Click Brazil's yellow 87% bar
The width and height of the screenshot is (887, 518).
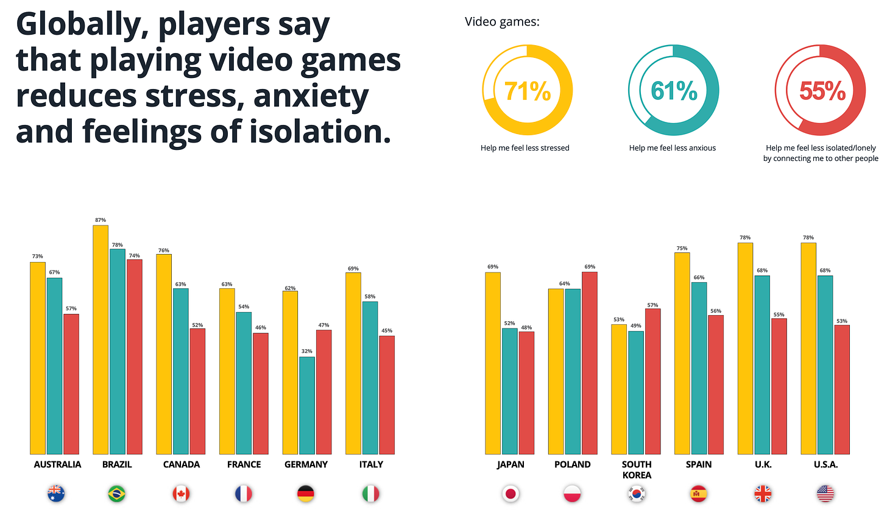point(101,339)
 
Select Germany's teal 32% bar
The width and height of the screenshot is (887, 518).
point(307,405)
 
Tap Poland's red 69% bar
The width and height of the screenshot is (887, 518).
point(590,363)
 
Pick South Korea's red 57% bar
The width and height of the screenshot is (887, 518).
point(652,381)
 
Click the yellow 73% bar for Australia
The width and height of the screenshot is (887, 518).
point(38,358)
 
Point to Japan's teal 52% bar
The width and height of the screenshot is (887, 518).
point(510,391)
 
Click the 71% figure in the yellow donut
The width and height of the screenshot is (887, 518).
point(527,91)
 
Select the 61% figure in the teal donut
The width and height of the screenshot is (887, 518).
point(674,91)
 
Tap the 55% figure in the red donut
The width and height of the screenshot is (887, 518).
point(822,91)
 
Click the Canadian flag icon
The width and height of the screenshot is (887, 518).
point(181,494)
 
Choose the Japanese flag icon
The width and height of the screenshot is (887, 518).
point(511,494)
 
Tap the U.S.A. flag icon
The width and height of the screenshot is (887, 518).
point(825,494)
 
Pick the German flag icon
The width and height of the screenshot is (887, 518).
point(306,494)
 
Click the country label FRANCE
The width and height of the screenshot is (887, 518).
point(244,464)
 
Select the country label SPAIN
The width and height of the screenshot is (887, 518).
point(699,464)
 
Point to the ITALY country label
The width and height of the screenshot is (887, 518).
point(371,464)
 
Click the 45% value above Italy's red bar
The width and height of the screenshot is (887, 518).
point(387,331)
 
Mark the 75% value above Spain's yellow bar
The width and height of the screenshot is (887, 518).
point(682,248)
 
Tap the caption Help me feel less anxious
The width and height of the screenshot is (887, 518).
point(673,148)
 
